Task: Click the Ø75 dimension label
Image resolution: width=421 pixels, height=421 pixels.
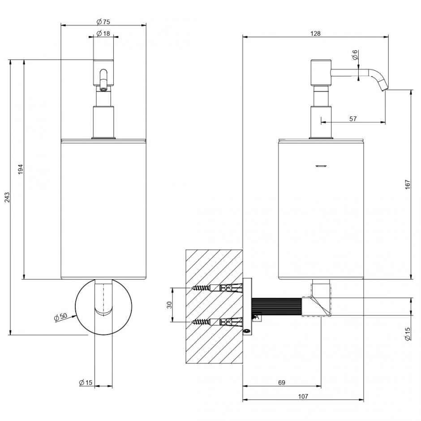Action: coord(103,21)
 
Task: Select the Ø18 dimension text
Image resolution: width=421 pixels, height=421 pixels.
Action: coord(103,33)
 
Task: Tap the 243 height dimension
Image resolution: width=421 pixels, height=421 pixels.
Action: coord(7,198)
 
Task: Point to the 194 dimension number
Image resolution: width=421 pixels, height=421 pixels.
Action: coord(21,169)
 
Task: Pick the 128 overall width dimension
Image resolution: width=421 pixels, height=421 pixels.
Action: coord(315,33)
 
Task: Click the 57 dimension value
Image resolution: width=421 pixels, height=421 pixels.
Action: coord(353,118)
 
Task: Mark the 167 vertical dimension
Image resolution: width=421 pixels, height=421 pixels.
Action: coord(408,185)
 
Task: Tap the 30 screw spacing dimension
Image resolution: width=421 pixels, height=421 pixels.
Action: coord(169,305)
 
